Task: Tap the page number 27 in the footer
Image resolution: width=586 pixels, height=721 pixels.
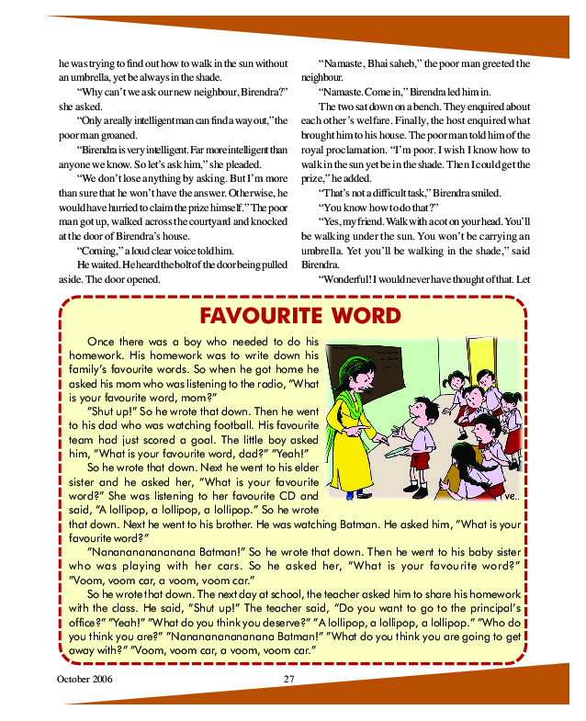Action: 287,678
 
